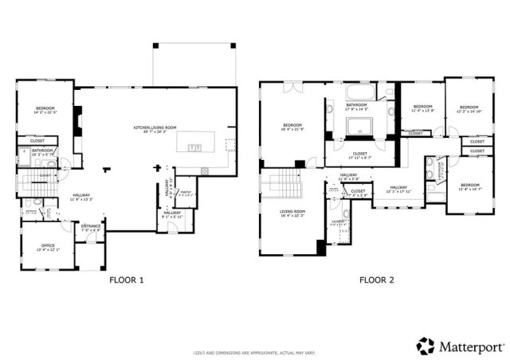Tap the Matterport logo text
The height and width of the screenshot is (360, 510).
(465, 345)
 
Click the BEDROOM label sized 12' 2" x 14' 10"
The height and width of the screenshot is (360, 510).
(469, 109)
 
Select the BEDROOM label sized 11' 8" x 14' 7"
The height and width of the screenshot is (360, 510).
(469, 186)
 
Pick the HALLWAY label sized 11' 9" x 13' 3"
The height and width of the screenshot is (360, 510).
(82, 198)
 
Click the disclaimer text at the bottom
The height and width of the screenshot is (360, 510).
(255, 352)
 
